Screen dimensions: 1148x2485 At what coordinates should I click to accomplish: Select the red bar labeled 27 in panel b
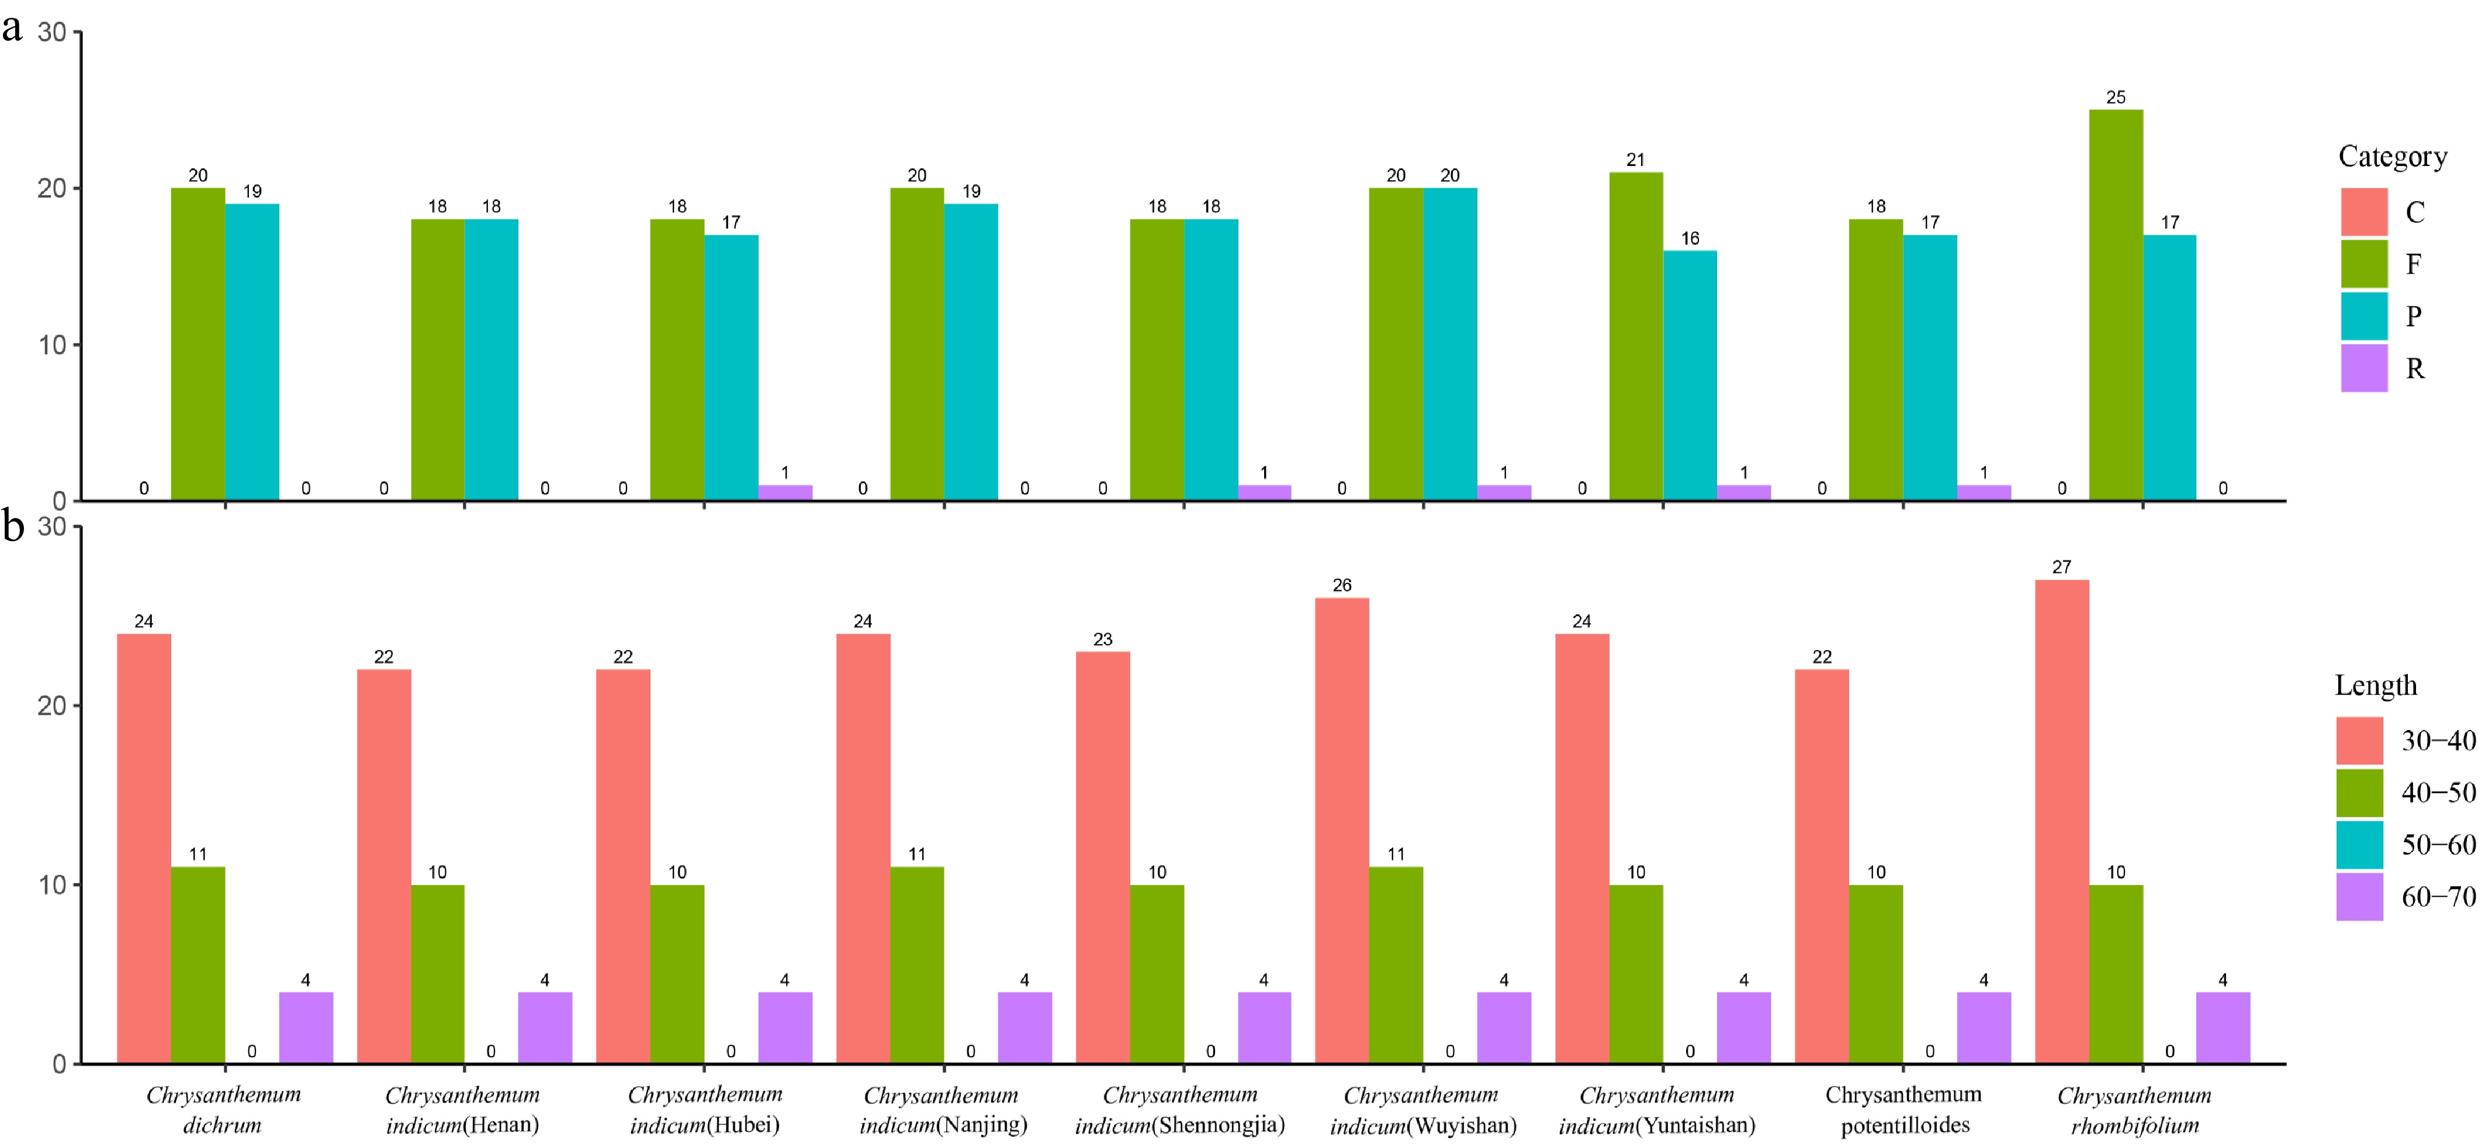(2061, 820)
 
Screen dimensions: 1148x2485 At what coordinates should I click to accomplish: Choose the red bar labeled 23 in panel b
(1103, 857)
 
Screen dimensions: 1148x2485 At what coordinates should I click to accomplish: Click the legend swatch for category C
(2363, 212)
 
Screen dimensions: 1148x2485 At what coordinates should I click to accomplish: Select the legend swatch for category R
(2363, 368)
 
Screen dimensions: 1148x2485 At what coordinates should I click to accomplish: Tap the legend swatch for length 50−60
(2359, 845)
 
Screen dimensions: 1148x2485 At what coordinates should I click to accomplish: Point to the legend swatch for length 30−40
(2359, 741)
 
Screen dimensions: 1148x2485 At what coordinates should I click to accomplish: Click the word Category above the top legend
(2393, 156)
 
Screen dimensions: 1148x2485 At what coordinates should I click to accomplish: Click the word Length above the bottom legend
(2375, 685)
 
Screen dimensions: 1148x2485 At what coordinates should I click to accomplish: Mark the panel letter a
(12, 29)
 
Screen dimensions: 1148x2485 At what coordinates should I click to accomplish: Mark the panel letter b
(12, 527)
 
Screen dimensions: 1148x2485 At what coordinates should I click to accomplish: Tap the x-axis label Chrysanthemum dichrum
(223, 1109)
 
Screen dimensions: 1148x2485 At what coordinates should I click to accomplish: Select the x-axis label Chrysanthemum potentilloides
(1903, 1109)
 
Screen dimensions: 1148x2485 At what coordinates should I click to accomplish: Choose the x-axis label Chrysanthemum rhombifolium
(2134, 1109)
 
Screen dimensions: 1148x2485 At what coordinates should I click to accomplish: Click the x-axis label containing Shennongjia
(1180, 1109)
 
